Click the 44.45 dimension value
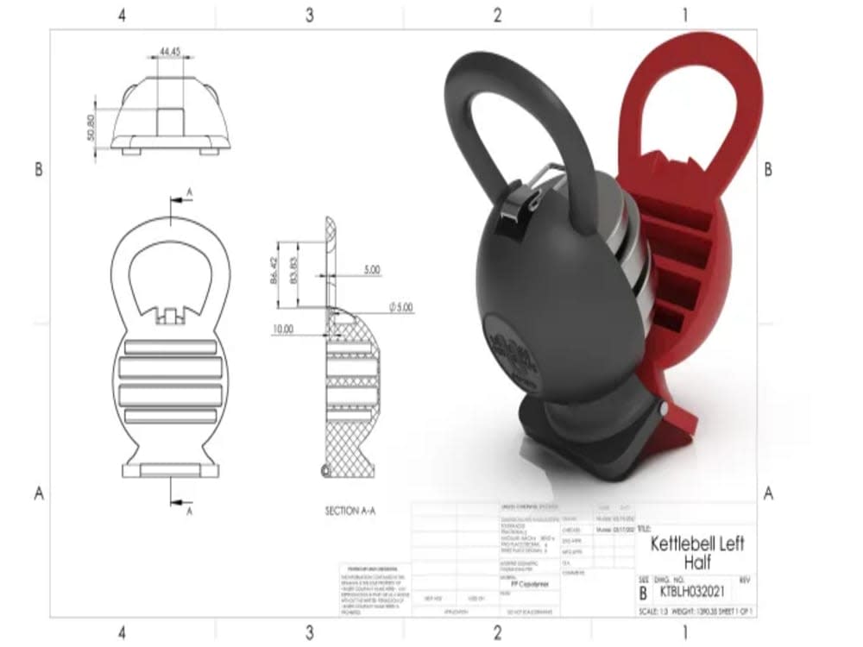(170, 53)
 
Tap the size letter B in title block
(643, 594)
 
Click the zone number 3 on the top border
(309, 16)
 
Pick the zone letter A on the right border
(767, 493)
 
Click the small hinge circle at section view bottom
(325, 470)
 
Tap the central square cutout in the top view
(169, 121)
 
